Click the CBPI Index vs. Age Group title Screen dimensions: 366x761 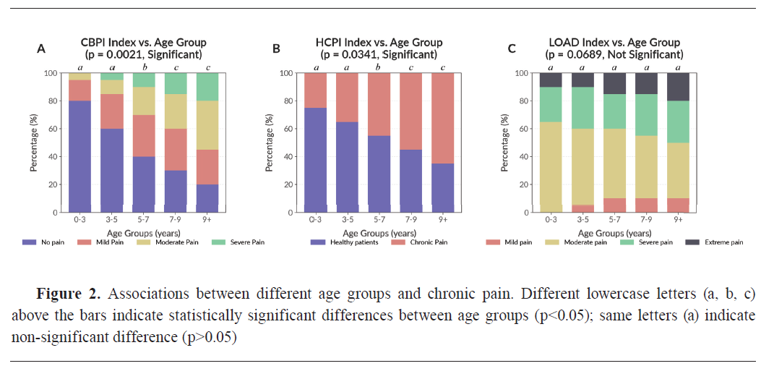coord(143,43)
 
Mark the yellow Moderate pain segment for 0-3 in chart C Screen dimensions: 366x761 coord(551,166)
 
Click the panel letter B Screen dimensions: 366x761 coord(275,48)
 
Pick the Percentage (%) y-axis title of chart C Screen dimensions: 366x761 coord(504,142)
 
